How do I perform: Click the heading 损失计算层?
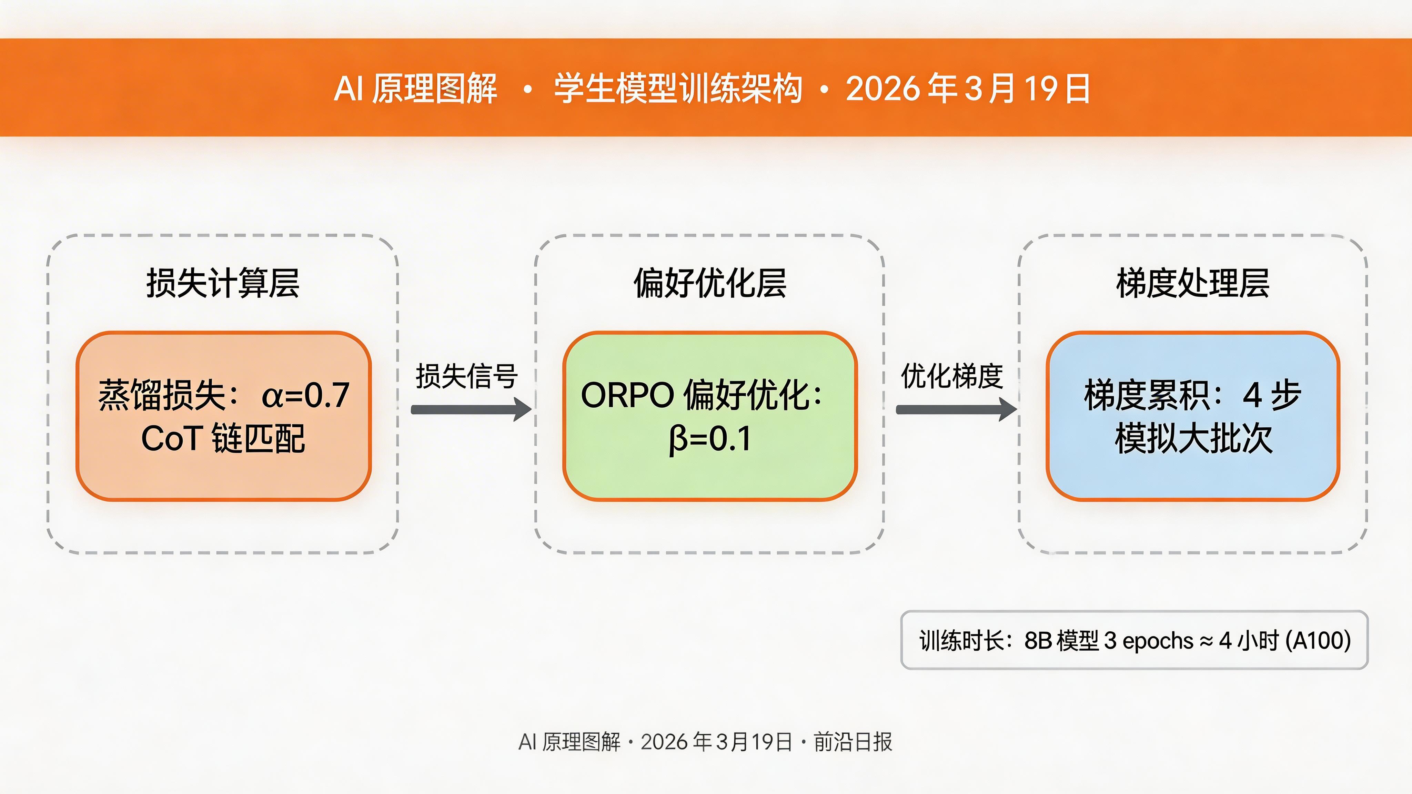[223, 283]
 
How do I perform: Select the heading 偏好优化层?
[710, 283]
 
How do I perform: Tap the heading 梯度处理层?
[1193, 283]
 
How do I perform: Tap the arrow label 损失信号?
[466, 376]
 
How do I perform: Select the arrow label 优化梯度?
[952, 376]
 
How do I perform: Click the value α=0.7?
[306, 395]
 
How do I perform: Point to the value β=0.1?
[710, 439]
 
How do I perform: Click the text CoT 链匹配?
[223, 439]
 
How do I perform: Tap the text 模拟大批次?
[1193, 439]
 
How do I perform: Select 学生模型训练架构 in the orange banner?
[678, 88]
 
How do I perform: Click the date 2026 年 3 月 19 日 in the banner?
[967, 88]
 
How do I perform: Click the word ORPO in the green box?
[627, 395]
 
